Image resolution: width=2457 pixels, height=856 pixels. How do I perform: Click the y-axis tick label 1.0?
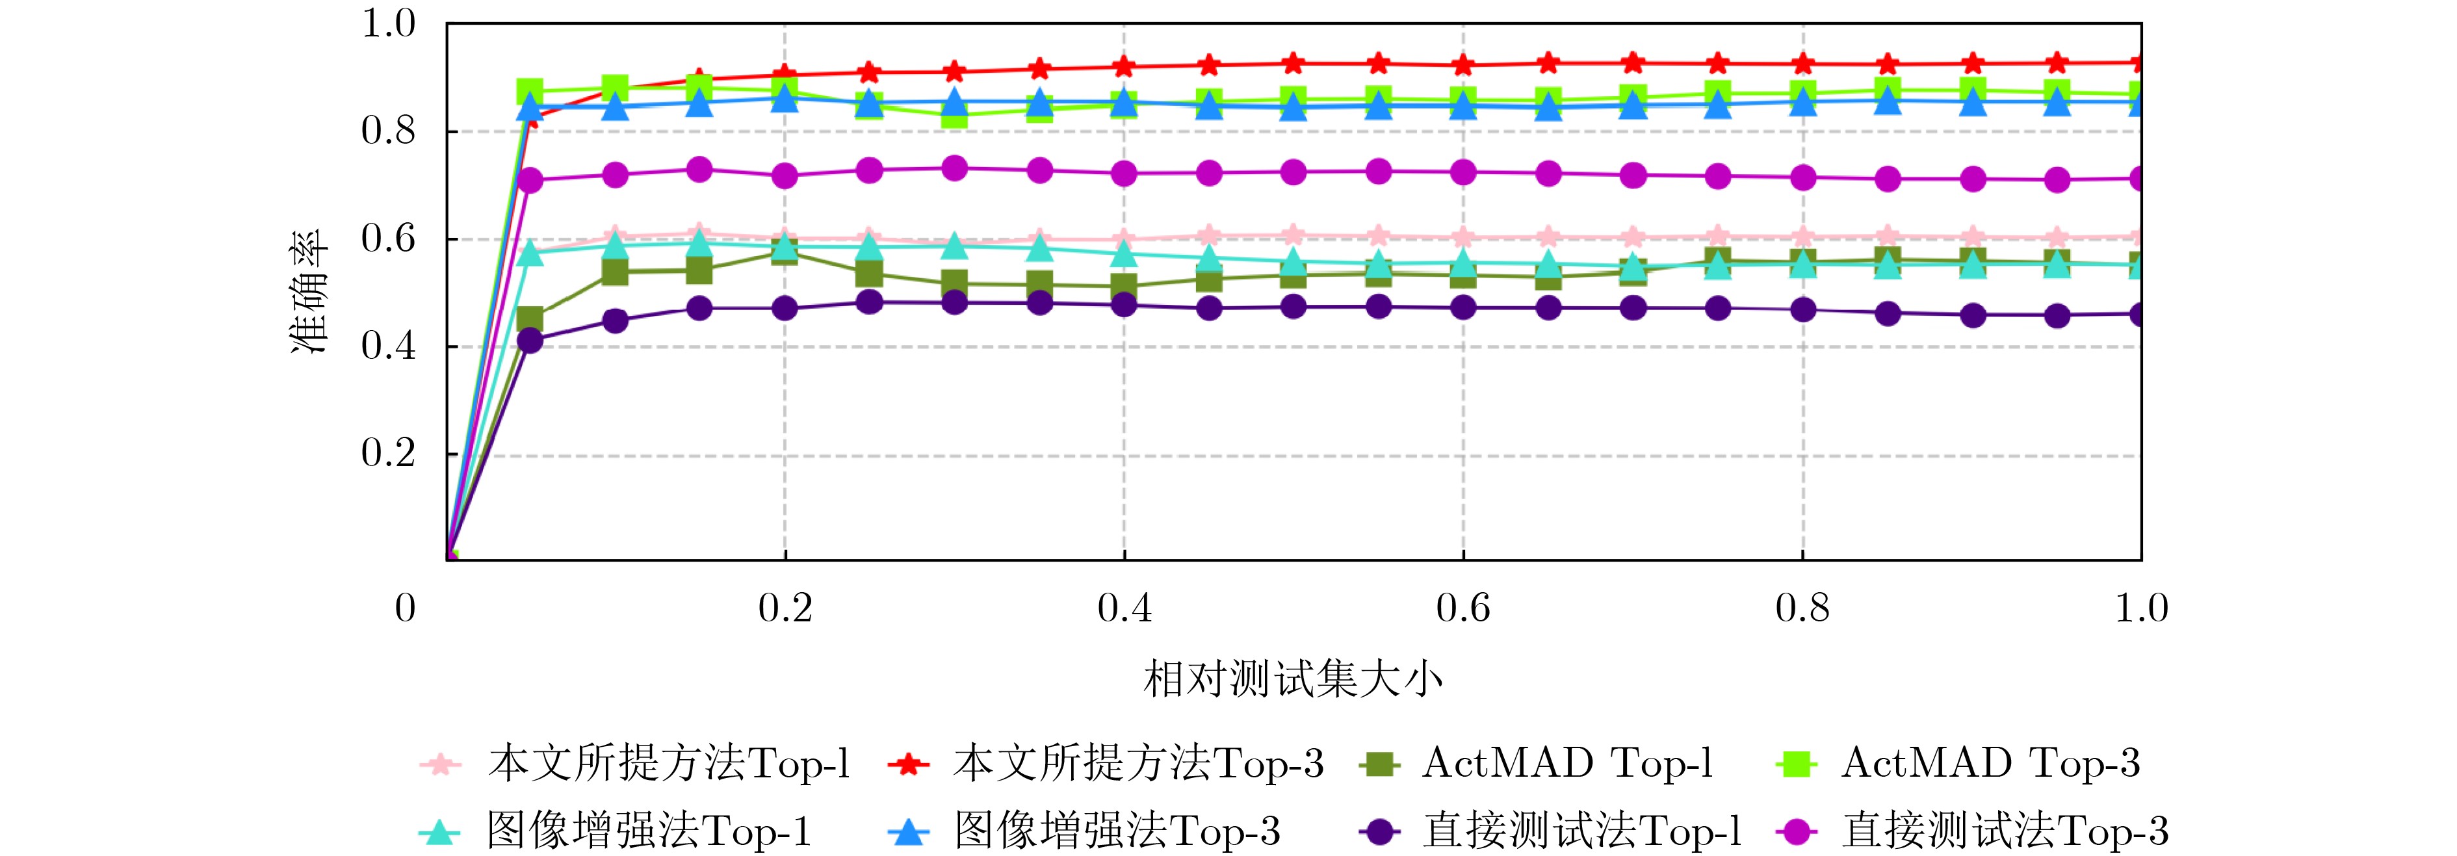click(x=388, y=24)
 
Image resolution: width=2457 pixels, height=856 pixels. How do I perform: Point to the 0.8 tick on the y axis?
click(x=388, y=131)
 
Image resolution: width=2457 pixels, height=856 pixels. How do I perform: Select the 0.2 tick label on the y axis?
click(x=388, y=454)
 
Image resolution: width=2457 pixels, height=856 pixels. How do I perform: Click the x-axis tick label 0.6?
click(x=1462, y=608)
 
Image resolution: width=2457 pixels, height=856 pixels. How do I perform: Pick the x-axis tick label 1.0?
click(x=2141, y=608)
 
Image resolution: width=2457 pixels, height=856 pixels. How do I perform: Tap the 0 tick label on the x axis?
click(x=406, y=608)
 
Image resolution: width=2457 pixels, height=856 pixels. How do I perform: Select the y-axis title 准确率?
click(x=309, y=291)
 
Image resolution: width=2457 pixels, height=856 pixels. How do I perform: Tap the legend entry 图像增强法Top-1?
click(x=649, y=832)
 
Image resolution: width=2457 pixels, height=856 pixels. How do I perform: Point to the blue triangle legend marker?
click(x=908, y=832)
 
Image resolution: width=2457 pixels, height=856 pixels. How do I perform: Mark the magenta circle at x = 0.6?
click(x=1462, y=172)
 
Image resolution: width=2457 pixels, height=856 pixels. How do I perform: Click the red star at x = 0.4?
click(x=1124, y=67)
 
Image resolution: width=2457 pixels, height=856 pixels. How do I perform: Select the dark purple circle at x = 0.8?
click(x=1802, y=310)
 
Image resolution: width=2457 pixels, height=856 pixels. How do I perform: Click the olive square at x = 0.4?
click(x=1124, y=285)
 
